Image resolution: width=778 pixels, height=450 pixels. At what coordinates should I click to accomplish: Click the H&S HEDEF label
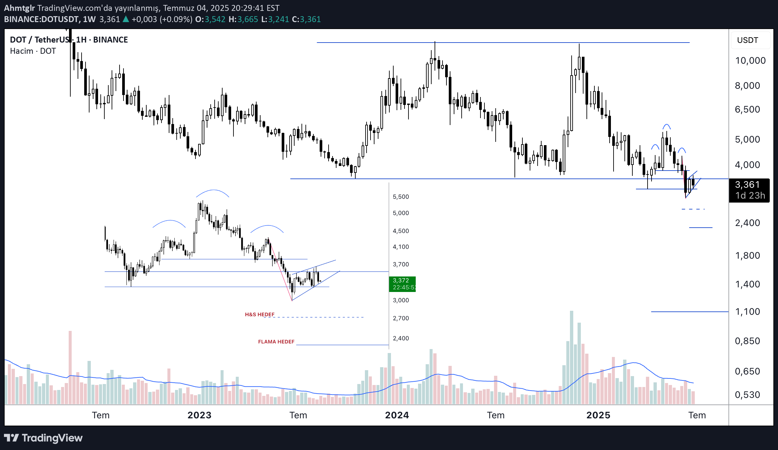point(260,314)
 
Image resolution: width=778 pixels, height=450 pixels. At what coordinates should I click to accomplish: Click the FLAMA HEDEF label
point(276,342)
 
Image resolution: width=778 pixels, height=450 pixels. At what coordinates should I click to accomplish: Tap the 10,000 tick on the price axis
point(750,61)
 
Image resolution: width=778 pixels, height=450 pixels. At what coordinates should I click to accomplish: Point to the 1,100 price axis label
point(747,312)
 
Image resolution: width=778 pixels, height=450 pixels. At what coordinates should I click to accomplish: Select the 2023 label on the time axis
point(199,415)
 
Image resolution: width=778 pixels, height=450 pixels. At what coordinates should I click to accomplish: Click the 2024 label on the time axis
point(397,415)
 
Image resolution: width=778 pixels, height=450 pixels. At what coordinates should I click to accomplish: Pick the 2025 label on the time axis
point(598,415)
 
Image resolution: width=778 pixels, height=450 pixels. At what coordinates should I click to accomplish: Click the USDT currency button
point(748,40)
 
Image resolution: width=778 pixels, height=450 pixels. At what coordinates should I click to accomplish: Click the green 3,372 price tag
point(402,284)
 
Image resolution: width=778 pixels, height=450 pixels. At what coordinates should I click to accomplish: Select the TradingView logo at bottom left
point(43,438)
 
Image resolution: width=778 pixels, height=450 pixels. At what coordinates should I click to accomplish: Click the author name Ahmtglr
point(19,8)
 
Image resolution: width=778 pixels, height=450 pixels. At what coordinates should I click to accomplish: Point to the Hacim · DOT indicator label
point(33,51)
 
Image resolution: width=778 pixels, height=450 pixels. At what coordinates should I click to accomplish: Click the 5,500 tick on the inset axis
point(401,197)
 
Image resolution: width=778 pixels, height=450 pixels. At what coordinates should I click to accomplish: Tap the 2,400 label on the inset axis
point(401,338)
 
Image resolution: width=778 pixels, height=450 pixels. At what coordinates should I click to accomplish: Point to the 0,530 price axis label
point(747,395)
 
